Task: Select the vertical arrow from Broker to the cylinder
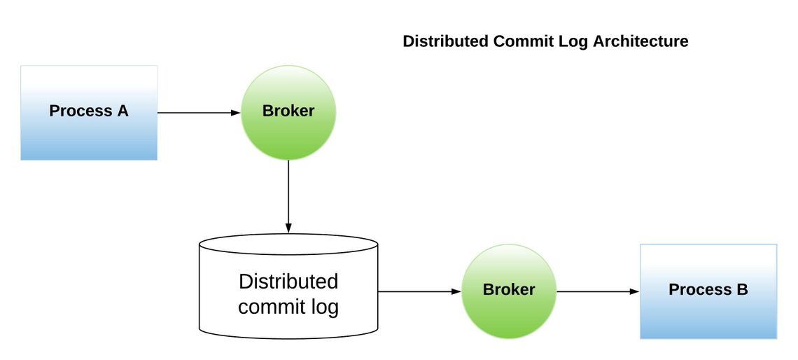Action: coord(288,196)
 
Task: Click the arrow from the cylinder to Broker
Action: coord(419,291)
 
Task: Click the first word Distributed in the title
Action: coord(445,41)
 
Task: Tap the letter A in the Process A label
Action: coord(122,111)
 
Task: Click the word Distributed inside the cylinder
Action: coord(288,282)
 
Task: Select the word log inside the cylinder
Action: coord(323,307)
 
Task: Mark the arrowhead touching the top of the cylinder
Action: coord(288,228)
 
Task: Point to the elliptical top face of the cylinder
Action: coord(288,244)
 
